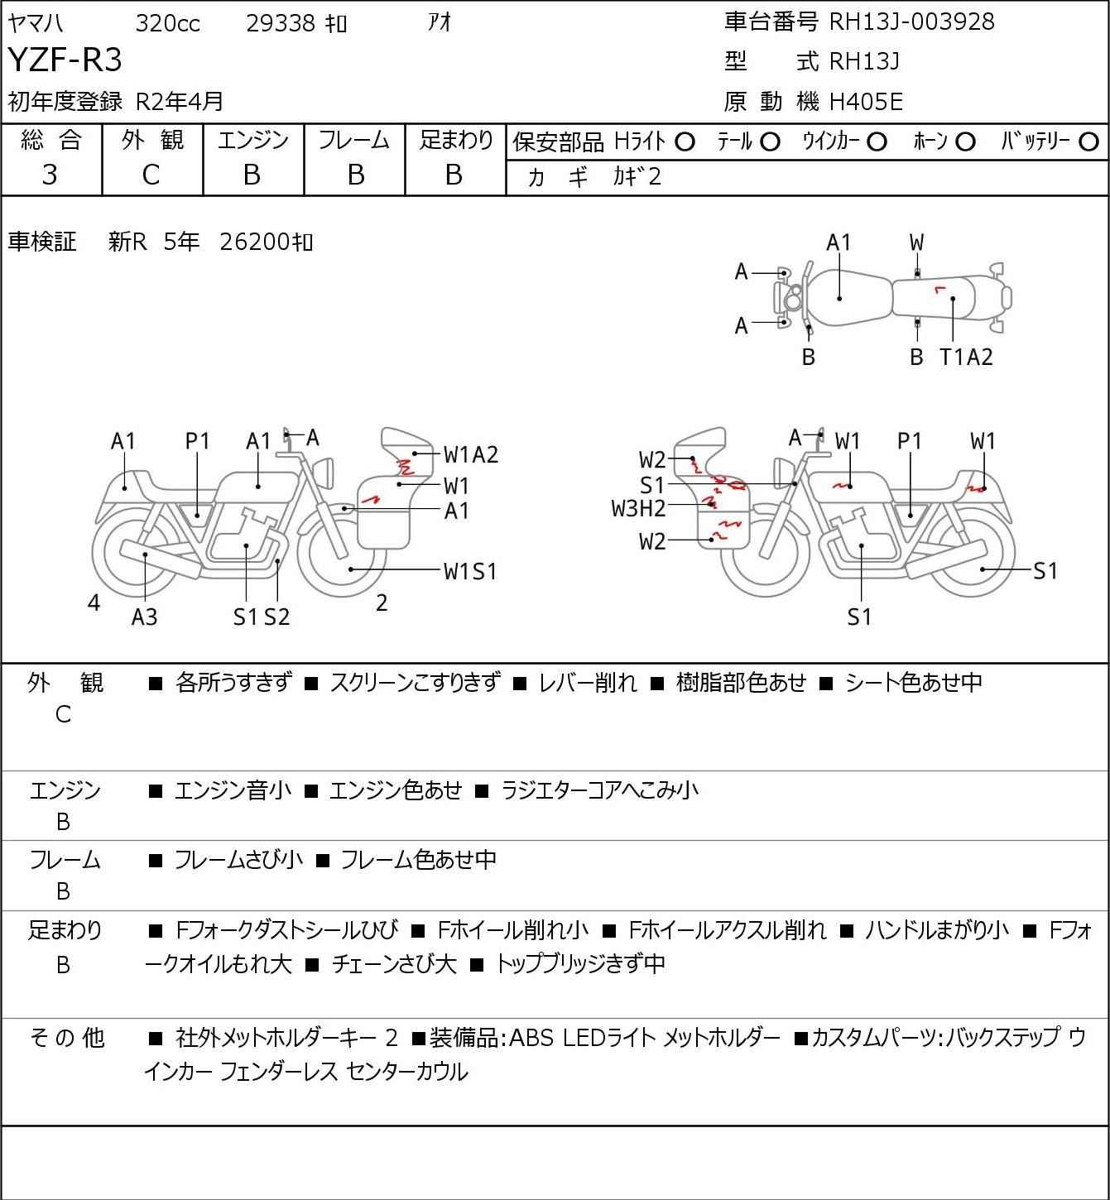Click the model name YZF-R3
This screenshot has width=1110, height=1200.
coord(65,60)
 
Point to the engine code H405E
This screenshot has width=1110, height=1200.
coord(866,102)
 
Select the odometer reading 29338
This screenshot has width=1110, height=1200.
coord(281,24)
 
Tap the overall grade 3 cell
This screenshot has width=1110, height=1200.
coord(50,175)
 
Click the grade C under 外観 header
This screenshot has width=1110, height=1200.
coord(151,175)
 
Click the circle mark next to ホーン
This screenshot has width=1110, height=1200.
coord(965,142)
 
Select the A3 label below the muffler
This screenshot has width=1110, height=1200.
coord(144,617)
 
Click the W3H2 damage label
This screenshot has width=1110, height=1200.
coord(638,508)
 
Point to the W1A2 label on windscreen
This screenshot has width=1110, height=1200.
coord(471,454)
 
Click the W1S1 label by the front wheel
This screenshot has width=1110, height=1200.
coord(470,571)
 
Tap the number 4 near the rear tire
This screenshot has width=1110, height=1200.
coord(94,603)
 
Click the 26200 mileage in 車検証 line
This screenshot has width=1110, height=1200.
coord(257,242)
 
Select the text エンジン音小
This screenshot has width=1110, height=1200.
coord(233,790)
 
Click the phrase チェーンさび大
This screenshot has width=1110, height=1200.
coord(394,964)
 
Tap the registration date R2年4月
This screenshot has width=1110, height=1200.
coord(180,102)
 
